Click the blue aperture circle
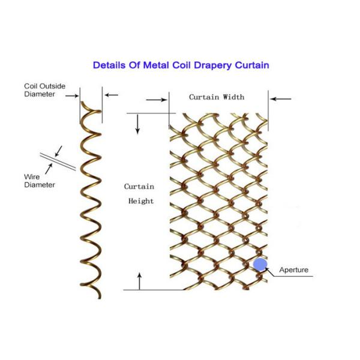coord(260,265)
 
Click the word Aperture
coord(293,270)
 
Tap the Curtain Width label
coord(217,97)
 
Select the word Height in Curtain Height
coord(141,201)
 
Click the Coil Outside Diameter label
coord(45,90)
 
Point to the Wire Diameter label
coord(40,181)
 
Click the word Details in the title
coord(109,65)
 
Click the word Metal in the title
coord(156,65)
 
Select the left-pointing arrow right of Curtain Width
coord(281,99)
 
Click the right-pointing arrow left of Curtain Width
coord(157,100)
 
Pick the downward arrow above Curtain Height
coord(137,124)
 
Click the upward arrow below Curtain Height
coord(139,281)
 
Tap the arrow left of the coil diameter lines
coord(72,96)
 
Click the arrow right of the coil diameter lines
coord(112,95)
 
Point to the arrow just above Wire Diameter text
coord(49,169)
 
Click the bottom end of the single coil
coord(100,298)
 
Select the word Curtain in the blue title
coord(252,65)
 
